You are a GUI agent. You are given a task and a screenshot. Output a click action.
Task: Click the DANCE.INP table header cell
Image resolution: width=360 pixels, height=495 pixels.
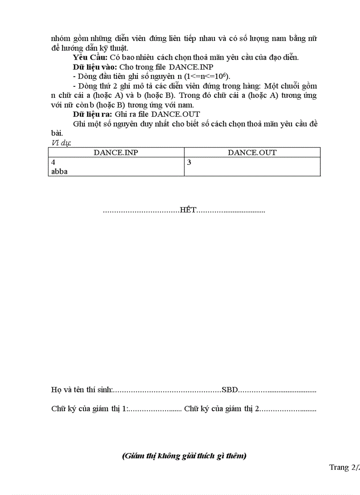click(116, 153)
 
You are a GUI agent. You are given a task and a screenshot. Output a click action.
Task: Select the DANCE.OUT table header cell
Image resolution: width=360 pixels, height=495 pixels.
click(252, 153)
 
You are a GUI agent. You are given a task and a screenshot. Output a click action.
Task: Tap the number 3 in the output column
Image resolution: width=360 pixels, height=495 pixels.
click(189, 162)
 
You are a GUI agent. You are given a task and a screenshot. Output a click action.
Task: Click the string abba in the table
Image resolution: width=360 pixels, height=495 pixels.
click(60, 171)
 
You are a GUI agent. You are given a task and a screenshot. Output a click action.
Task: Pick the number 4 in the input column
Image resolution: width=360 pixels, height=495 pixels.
click(53, 162)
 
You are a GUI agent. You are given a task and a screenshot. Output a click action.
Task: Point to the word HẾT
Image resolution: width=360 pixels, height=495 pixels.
click(187, 210)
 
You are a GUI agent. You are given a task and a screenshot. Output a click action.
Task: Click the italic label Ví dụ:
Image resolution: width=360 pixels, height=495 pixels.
click(61, 143)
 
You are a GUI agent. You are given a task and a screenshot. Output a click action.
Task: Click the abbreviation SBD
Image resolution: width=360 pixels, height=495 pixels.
click(230, 390)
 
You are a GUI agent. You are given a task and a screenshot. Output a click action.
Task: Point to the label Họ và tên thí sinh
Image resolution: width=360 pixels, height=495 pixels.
click(82, 390)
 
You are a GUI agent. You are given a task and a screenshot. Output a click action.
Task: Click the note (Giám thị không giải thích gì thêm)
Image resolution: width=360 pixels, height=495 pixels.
click(184, 456)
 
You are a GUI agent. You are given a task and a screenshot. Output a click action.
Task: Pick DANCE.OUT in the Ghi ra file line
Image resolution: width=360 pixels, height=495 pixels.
click(176, 114)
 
